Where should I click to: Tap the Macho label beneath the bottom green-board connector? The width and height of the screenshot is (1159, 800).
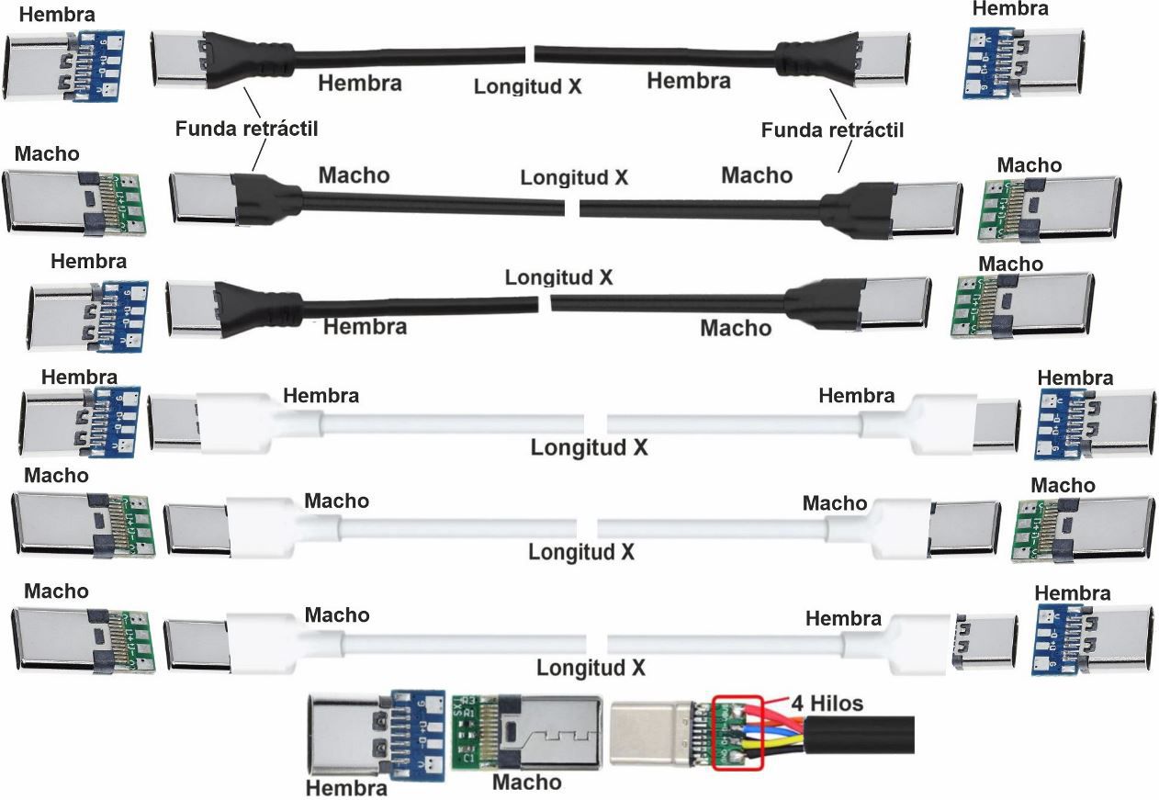click(x=526, y=782)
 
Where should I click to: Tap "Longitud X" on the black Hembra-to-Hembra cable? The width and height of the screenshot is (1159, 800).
click(x=528, y=86)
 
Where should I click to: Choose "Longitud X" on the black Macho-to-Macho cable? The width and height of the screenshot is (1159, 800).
click(x=574, y=177)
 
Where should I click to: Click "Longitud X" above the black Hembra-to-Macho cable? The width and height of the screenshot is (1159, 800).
click(x=558, y=276)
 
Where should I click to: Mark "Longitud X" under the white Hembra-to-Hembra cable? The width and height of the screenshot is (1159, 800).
click(x=589, y=448)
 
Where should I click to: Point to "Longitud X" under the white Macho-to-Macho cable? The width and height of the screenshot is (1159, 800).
click(x=581, y=552)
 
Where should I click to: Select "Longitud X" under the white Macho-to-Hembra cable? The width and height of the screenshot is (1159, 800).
click(x=591, y=667)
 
